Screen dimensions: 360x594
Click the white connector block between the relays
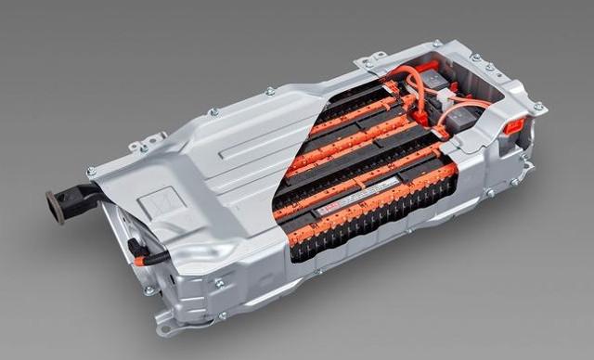[x=445, y=96]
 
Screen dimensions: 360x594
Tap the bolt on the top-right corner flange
[x=538, y=108]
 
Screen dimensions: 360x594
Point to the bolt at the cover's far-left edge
[x=91, y=172]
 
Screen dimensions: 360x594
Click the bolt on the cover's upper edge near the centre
[x=270, y=91]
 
